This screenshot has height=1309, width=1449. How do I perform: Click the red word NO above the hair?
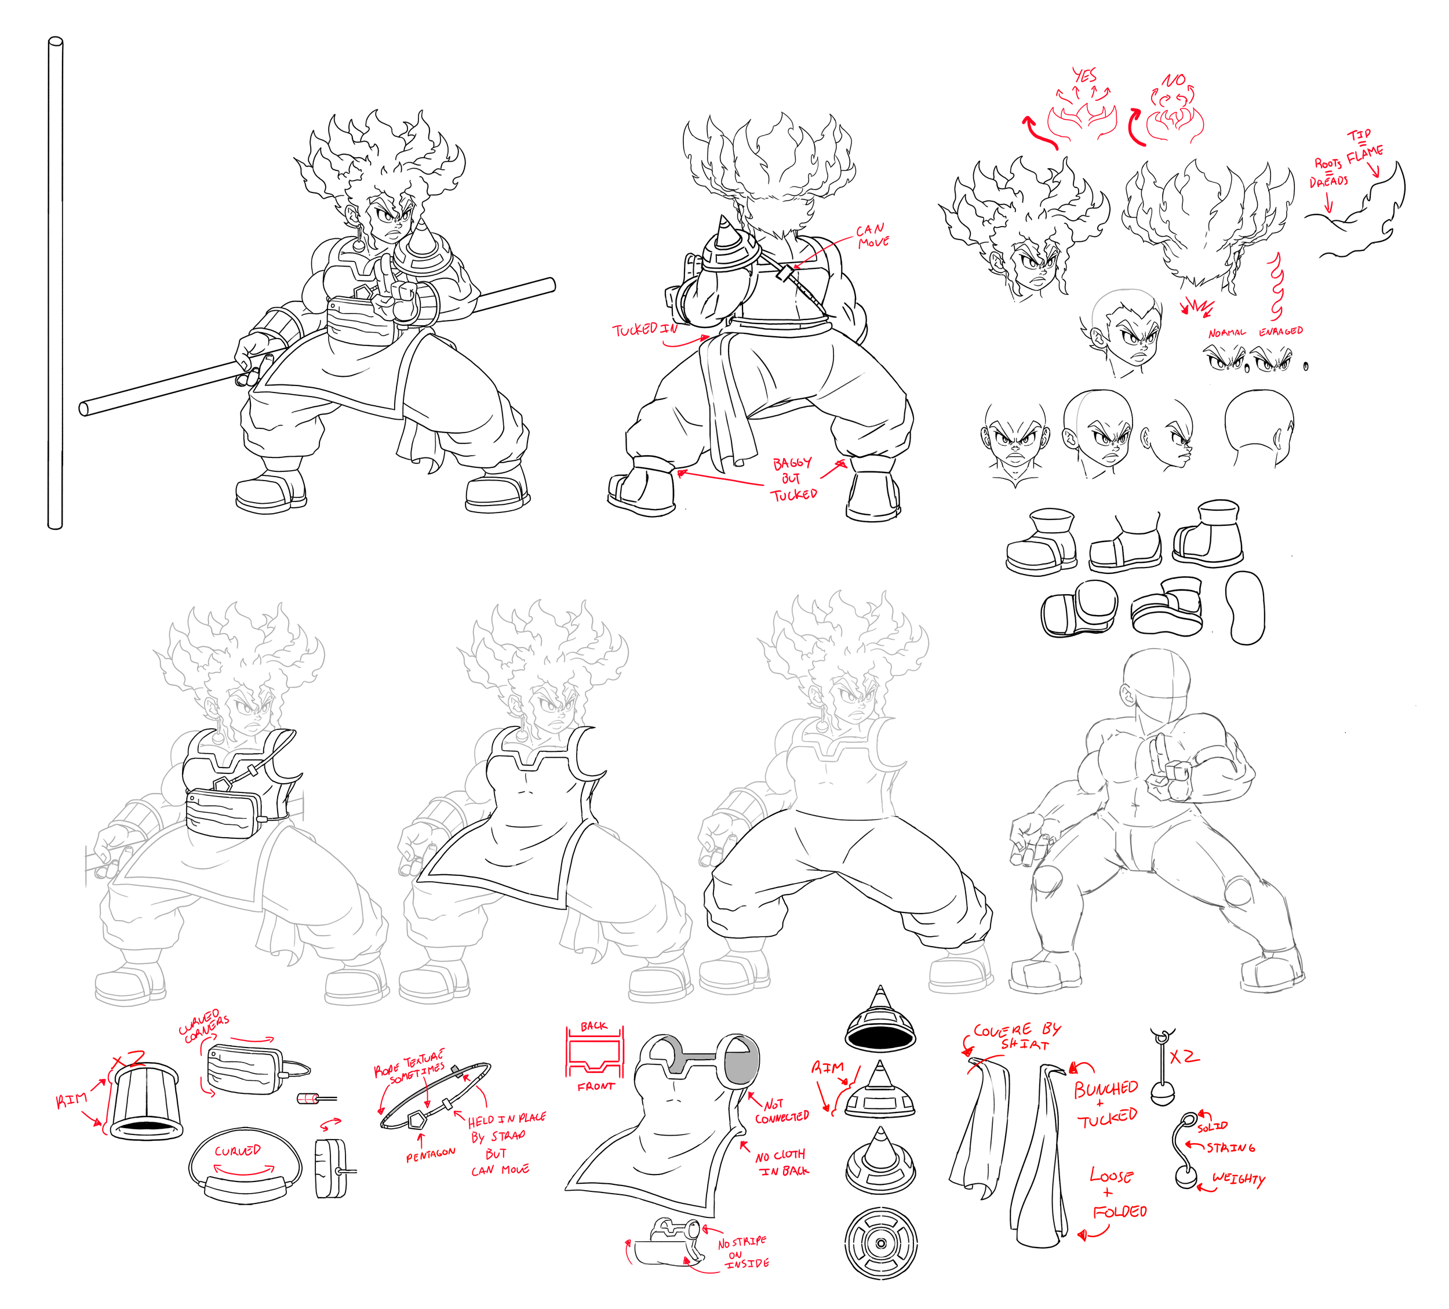(1174, 80)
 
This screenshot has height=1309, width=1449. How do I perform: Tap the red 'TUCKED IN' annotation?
(645, 329)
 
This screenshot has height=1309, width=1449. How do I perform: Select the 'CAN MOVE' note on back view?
(872, 236)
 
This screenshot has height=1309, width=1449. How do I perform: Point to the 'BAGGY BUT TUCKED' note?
(793, 479)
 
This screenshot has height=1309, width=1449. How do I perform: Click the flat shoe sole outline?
(1246, 608)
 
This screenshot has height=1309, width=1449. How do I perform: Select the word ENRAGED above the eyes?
(1280, 332)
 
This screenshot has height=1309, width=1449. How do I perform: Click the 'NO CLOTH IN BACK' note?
(782, 1163)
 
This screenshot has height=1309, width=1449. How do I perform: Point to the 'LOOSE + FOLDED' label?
(1116, 1194)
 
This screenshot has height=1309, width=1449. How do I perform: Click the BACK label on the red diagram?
(594, 1026)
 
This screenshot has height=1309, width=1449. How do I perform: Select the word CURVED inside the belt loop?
(237, 1151)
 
